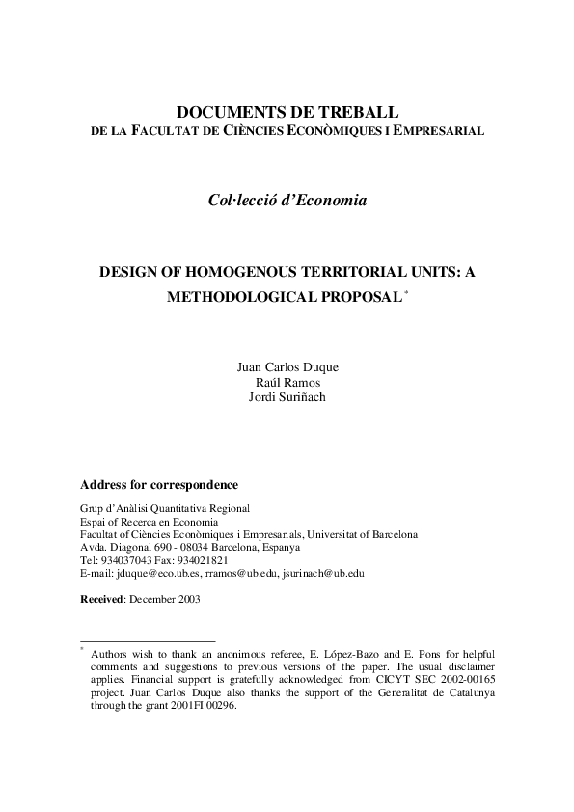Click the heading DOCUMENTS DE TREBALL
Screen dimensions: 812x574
[287, 112]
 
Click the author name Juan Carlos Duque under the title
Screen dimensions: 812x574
[287, 367]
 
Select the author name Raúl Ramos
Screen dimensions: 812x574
[287, 382]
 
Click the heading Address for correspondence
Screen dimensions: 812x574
[158, 485]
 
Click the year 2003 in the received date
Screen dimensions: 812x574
[186, 598]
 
